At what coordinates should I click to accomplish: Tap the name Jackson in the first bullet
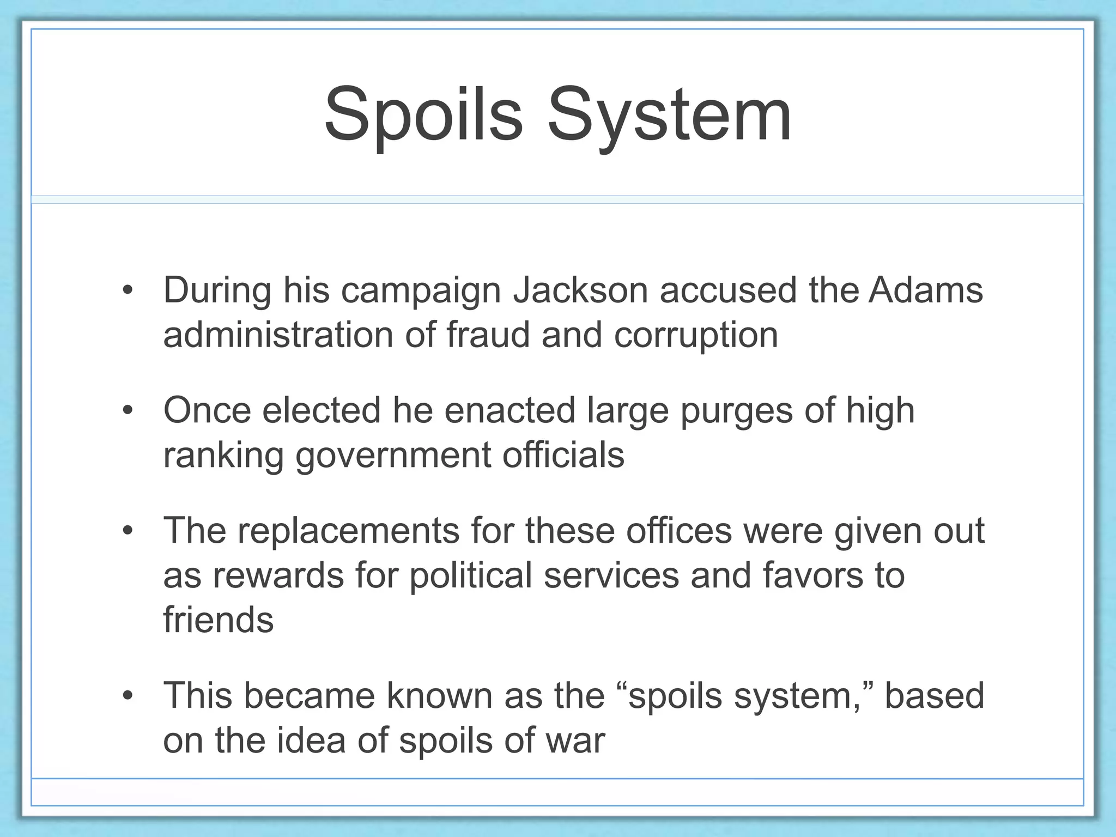[x=580, y=290]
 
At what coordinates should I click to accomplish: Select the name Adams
[x=926, y=290]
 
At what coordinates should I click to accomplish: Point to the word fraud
[x=488, y=335]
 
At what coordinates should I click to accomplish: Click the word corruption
[x=696, y=336]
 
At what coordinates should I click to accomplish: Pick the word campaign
[x=421, y=291]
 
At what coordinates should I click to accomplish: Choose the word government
[x=393, y=456]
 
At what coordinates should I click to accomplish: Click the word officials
[x=563, y=455]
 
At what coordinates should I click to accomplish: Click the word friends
[x=218, y=620]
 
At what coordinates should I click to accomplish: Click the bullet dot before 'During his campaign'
[x=128, y=290]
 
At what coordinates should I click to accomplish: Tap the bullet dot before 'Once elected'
[x=128, y=410]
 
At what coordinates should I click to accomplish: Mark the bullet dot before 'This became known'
[x=128, y=696]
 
